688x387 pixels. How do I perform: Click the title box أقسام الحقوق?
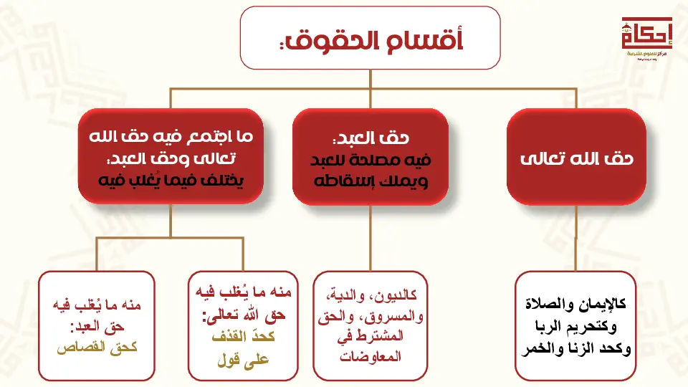(x=371, y=38)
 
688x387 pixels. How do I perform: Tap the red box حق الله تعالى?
(x=576, y=157)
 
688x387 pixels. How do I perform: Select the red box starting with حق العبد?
(x=371, y=157)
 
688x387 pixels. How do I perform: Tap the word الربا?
(x=548, y=327)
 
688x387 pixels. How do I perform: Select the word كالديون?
(x=393, y=295)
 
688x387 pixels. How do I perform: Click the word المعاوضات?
(x=371, y=356)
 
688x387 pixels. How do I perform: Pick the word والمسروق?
(x=392, y=316)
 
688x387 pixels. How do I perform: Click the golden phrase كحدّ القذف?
(x=243, y=337)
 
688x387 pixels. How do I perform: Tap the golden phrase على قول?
(x=243, y=360)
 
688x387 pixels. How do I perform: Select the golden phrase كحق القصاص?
(x=97, y=348)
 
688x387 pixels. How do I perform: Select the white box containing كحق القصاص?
(x=97, y=326)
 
